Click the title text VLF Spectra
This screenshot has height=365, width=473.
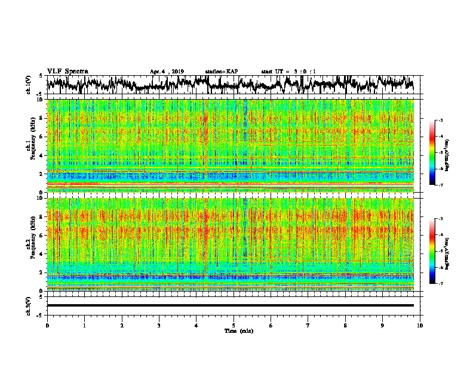67,71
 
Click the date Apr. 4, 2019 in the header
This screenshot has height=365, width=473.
167,72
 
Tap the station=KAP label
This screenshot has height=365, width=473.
222,72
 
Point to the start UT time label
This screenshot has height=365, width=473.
288,72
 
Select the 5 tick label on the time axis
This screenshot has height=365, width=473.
234,325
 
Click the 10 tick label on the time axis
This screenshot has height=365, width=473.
420,325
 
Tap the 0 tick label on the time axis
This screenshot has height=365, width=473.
47,325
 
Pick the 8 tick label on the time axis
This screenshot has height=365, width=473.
345,325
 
